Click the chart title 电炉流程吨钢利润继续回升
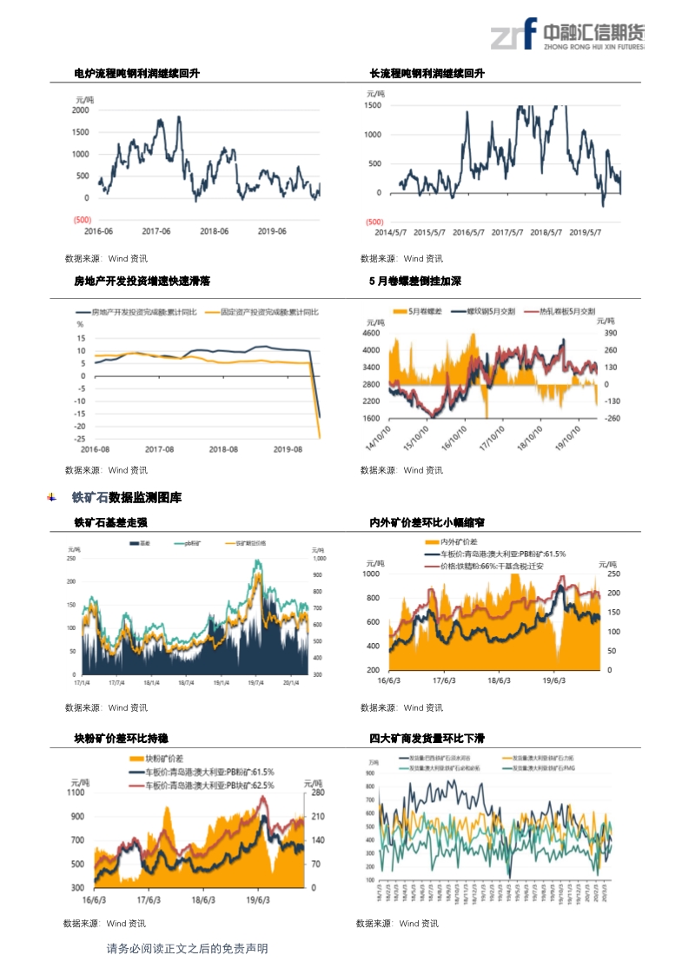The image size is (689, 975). (x=136, y=74)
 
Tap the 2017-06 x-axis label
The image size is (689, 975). (x=156, y=231)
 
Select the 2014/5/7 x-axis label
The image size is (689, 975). (x=394, y=232)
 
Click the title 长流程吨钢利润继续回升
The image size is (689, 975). (x=427, y=74)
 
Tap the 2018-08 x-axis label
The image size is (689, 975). (x=224, y=449)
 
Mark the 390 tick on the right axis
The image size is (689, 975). (x=611, y=333)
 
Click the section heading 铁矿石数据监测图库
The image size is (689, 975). (x=127, y=498)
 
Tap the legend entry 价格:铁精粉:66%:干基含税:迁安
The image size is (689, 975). (x=493, y=566)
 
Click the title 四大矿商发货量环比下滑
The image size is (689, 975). (x=427, y=739)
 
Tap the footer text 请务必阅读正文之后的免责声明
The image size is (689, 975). (x=187, y=948)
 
